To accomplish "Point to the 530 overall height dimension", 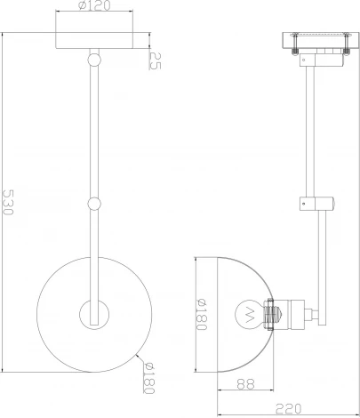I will pos(8,203).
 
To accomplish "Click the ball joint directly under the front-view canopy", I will pos(93,60).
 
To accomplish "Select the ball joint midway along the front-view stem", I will pos(93,204).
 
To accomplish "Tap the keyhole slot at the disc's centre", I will pos(93,313).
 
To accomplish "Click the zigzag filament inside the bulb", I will pos(248,313).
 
